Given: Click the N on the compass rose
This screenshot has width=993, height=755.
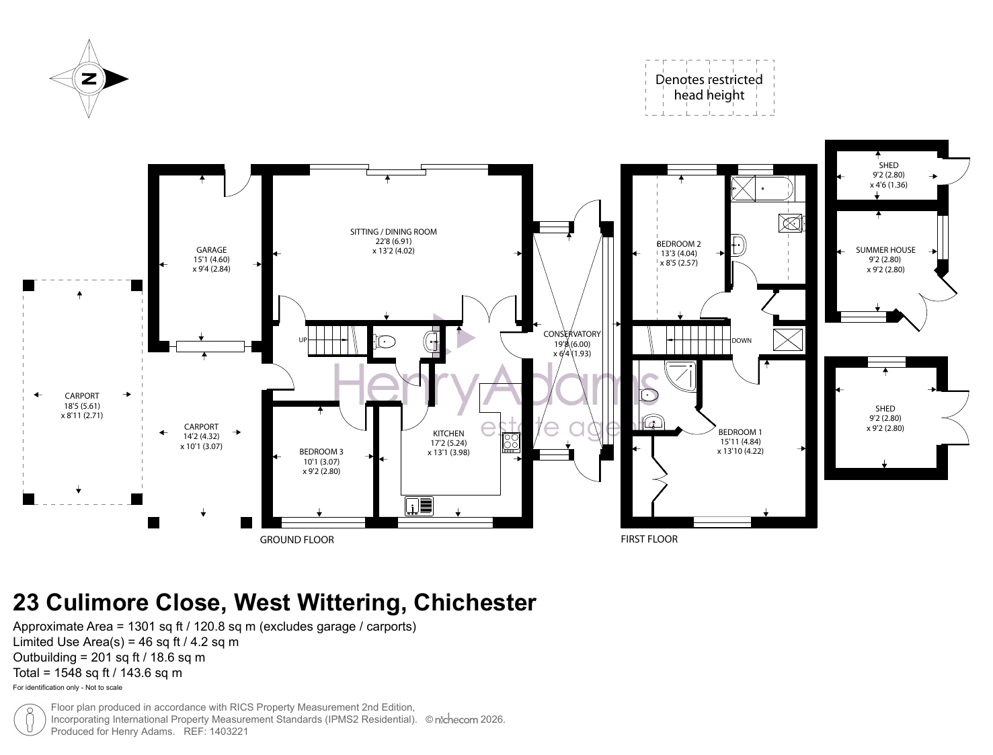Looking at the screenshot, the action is click(89, 79).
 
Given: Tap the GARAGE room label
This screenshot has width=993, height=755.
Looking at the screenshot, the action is click(211, 249).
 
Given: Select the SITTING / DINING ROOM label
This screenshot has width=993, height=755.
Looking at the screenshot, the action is click(393, 232).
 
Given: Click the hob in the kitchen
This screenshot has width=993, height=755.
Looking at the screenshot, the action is click(511, 443).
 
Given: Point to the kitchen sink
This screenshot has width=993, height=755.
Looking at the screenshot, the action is click(420, 506).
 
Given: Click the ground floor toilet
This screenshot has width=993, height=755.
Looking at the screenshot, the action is click(384, 342).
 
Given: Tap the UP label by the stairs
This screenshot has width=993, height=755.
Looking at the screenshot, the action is click(303, 340).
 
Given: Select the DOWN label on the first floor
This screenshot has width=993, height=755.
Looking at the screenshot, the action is click(742, 341).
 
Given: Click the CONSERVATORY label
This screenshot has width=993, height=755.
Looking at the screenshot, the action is click(572, 334).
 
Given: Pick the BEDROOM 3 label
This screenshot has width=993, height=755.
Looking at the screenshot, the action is click(321, 452).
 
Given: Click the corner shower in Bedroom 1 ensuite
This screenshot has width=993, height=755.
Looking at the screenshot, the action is click(680, 375).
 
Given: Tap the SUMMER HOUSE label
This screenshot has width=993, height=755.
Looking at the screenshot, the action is click(885, 249).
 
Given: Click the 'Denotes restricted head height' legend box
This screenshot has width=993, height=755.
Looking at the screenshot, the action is click(709, 88).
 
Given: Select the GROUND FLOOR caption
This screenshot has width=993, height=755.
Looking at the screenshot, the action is click(296, 540).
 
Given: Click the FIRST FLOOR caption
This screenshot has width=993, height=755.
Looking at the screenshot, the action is click(649, 539).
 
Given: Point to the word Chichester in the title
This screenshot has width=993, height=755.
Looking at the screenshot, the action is click(475, 602).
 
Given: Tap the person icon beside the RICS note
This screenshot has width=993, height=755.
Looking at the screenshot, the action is click(30, 719).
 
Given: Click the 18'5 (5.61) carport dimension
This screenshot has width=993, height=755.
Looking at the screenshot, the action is click(82, 406).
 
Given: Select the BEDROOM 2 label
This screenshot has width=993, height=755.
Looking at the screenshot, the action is click(678, 244).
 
